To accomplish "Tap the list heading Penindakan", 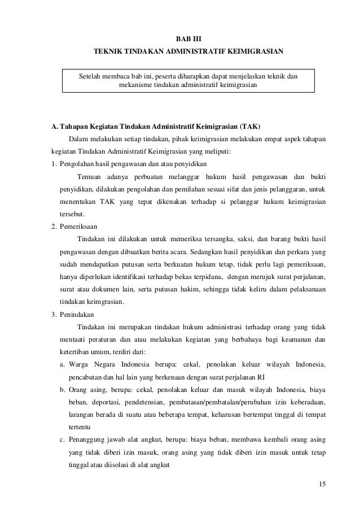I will pyautogui.click(x=76, y=314).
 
